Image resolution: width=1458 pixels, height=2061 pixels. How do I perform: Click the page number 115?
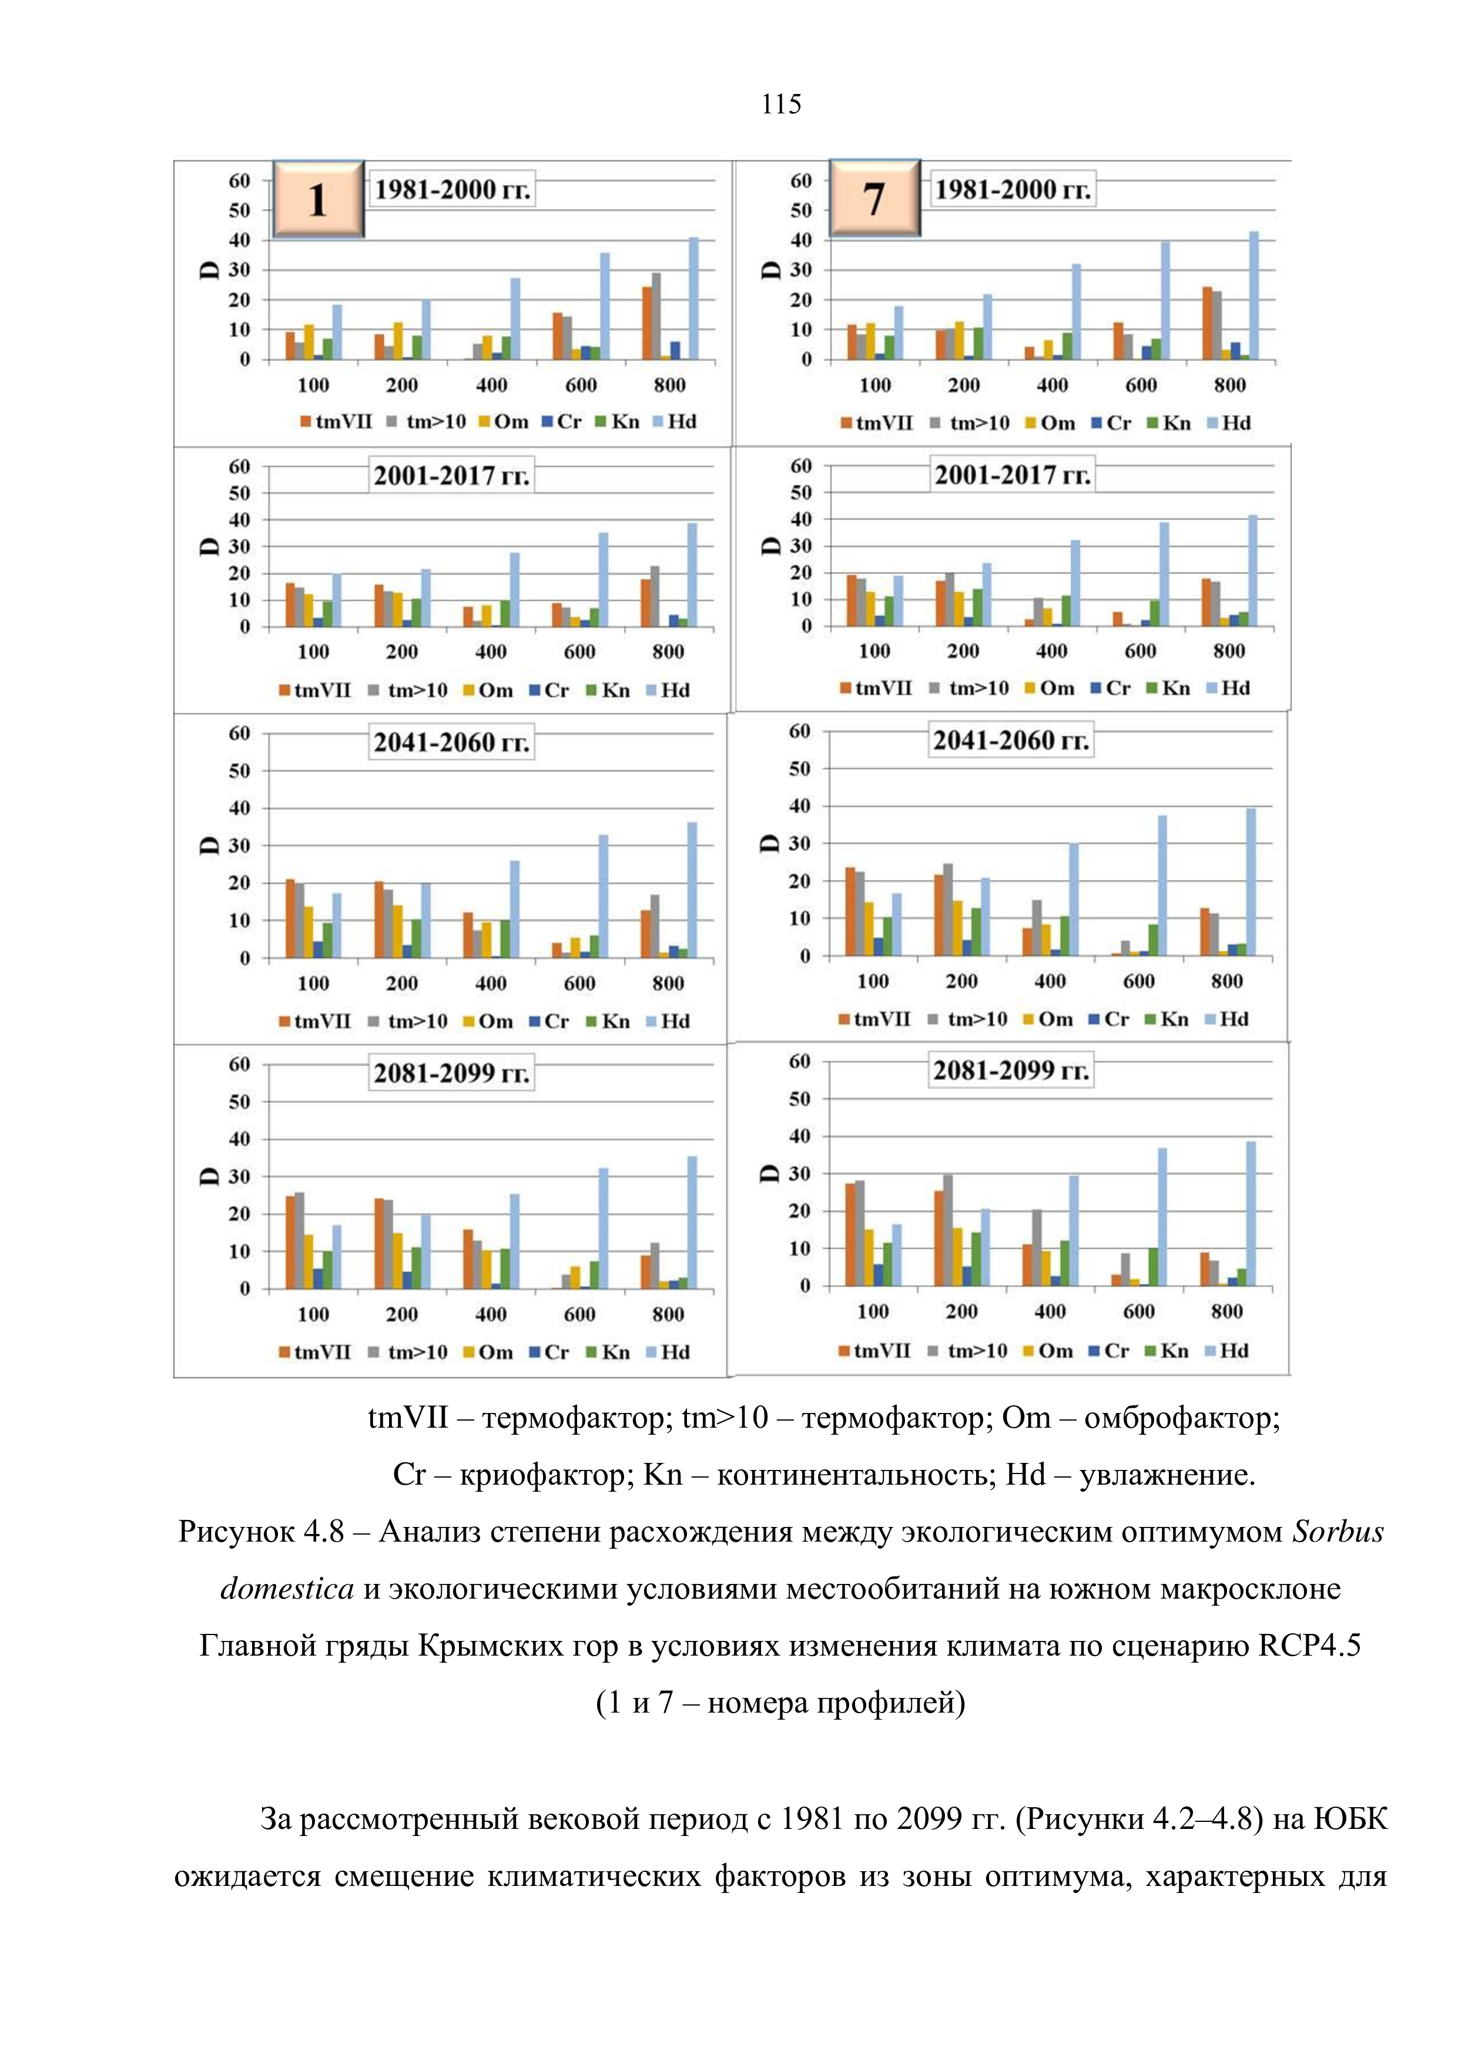coord(780,104)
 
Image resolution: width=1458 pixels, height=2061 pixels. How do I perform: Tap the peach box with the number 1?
coord(318,199)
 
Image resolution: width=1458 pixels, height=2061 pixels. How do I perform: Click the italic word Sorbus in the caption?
coord(1337,1532)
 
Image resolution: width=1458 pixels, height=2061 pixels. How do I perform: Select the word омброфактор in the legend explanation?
coord(1181,1418)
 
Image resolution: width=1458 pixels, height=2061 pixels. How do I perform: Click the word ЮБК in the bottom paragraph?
coord(1350,1820)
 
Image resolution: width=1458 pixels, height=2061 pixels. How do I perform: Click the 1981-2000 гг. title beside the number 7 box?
coord(1013,189)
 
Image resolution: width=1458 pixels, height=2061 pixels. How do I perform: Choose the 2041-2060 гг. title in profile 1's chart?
coord(451,743)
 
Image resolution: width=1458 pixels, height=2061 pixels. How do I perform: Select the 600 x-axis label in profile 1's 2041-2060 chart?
coord(579,984)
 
